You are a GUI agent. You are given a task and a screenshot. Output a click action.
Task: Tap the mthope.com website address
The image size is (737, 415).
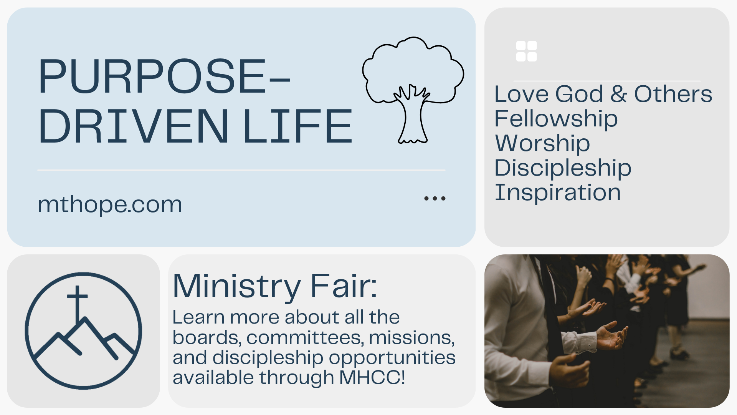(110, 204)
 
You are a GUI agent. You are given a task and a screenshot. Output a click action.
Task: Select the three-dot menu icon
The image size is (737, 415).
(435, 198)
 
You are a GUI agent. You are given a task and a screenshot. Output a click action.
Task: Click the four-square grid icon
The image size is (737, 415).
(527, 51)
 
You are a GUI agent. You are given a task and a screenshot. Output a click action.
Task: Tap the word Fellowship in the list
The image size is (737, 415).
(556, 119)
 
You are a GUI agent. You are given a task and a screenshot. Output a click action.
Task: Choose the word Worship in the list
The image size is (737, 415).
(542, 143)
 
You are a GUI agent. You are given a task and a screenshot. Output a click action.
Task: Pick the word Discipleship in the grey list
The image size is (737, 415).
(563, 168)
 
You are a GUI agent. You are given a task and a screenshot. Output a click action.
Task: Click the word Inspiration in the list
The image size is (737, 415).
(558, 192)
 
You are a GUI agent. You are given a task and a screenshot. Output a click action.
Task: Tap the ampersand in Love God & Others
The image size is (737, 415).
(619, 94)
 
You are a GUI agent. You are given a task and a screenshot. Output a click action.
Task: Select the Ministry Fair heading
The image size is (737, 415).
(275, 286)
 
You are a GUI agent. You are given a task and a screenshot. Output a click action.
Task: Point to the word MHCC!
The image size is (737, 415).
(372, 377)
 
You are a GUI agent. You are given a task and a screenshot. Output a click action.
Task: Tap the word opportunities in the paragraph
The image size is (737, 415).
(392, 358)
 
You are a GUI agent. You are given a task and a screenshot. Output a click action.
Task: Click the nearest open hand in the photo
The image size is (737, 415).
(610, 335)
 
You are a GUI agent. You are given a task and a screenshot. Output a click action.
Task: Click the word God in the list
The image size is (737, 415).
(580, 94)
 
